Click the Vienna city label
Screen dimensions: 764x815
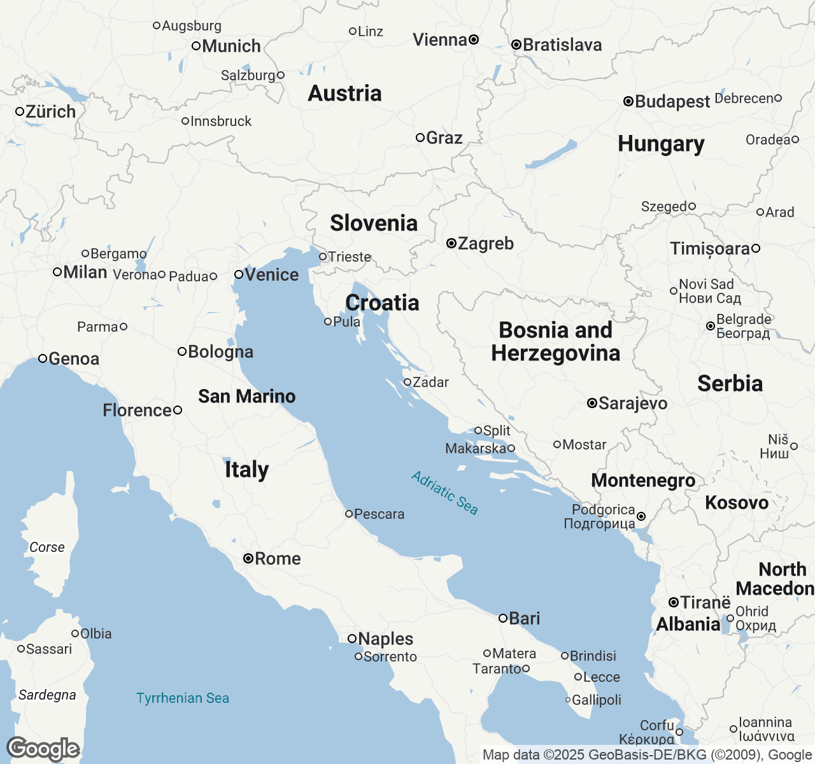[x=440, y=40]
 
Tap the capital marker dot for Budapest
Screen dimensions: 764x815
[x=628, y=101]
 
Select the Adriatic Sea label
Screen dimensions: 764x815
[x=444, y=492]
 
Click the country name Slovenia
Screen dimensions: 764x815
[x=374, y=223]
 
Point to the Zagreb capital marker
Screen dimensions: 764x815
[x=451, y=243]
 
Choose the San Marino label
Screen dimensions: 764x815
[x=247, y=397]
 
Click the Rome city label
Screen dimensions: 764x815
[x=278, y=559]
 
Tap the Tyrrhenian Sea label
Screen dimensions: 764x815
[x=183, y=698]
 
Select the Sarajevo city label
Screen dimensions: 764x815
[x=633, y=404]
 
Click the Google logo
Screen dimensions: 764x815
[x=43, y=749]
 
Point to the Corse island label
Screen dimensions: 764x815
[x=47, y=548]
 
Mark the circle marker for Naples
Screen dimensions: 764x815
[x=352, y=638]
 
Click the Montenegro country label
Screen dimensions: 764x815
[x=643, y=481]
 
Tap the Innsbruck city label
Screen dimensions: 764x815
[x=221, y=122]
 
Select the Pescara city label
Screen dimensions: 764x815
[x=379, y=514]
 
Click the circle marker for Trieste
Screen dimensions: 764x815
[x=323, y=257]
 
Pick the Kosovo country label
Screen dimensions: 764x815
[x=737, y=503]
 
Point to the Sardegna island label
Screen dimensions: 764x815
[x=47, y=695]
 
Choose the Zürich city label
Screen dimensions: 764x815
[x=50, y=112]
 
